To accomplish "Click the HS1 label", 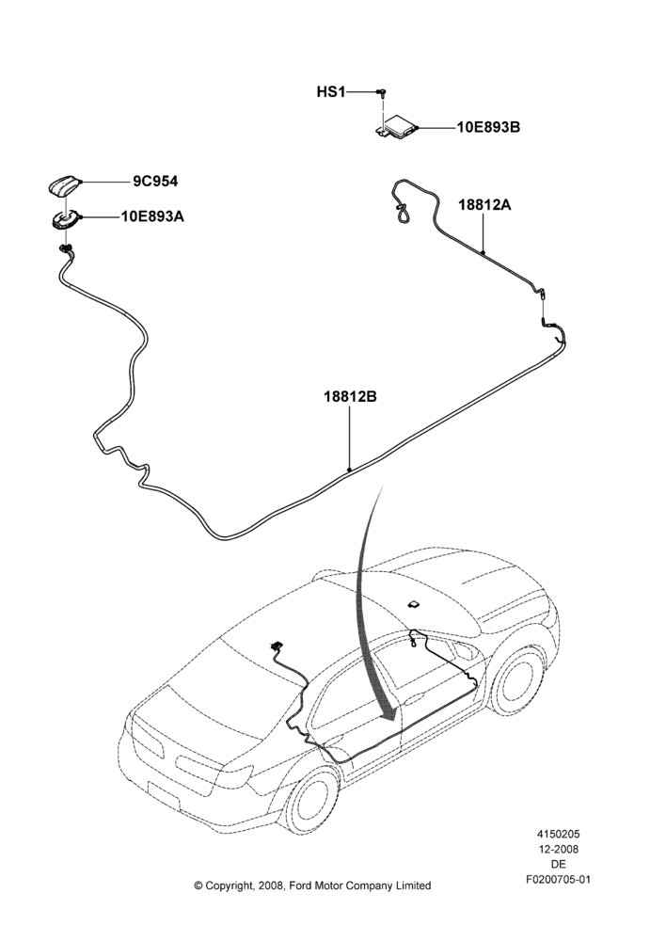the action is click(x=331, y=92).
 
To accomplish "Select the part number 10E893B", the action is click(x=488, y=128).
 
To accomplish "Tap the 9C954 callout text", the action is click(x=155, y=182).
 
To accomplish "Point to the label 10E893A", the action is click(x=153, y=216).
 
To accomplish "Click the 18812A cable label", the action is click(x=484, y=204).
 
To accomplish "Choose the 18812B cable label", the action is click(x=350, y=397).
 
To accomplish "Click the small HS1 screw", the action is click(x=382, y=92).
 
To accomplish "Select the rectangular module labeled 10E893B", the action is click(x=395, y=127).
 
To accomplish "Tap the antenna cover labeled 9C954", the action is click(x=64, y=185).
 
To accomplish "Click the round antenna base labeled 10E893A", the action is click(x=65, y=219).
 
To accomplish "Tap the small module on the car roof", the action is click(x=414, y=603).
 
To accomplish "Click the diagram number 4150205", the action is click(x=558, y=834).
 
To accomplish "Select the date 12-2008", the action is click(x=558, y=849).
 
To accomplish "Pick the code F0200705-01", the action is click(x=559, y=880).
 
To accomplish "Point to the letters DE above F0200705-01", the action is click(x=558, y=865).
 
